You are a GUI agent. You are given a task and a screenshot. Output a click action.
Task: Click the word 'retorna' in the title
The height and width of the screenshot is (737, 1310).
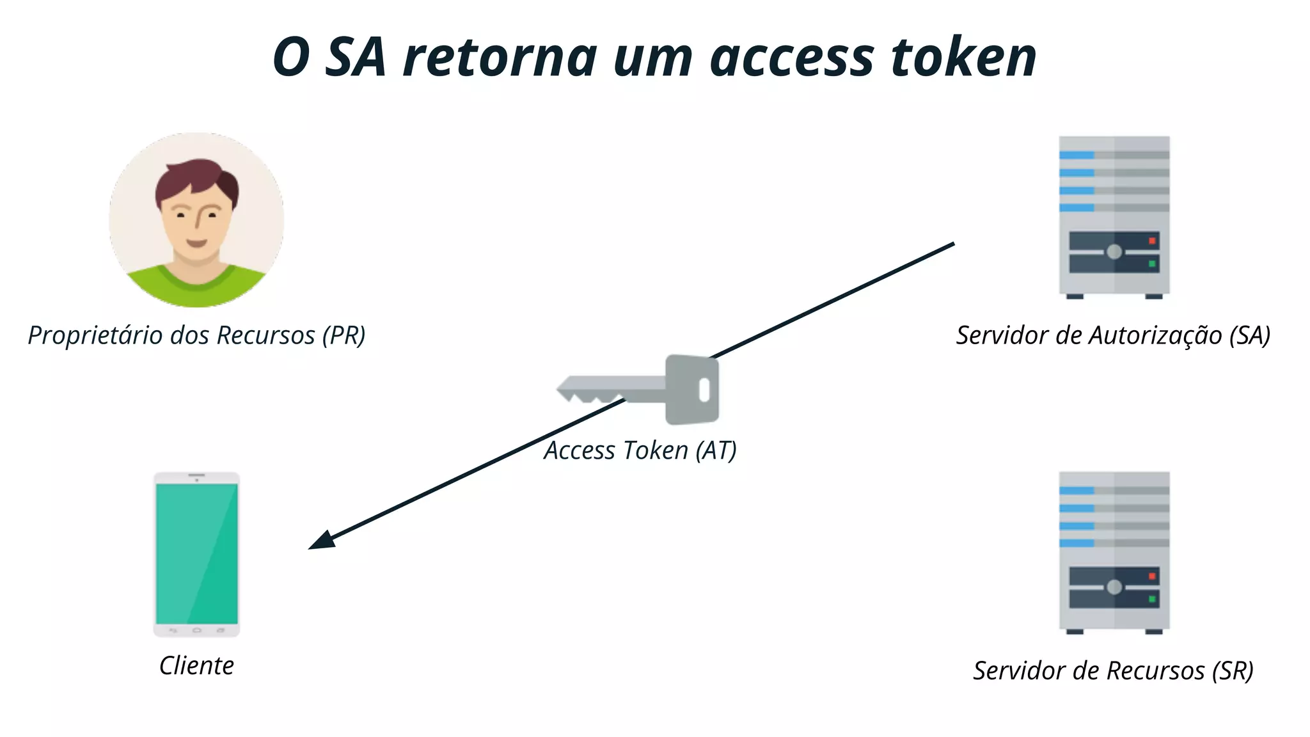499,58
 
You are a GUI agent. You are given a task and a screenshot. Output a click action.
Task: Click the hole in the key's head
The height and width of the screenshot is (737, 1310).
704,390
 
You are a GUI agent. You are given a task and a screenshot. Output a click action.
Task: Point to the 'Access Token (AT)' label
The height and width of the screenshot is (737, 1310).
640,450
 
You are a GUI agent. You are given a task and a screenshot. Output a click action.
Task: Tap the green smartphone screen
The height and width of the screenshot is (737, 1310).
196,553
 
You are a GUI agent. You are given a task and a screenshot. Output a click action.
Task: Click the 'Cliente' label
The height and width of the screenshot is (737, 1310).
196,665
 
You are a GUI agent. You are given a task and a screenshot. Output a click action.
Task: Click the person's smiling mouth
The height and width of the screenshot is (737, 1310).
196,243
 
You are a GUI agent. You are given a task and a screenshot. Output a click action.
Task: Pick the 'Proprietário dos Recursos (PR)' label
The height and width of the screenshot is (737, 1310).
196,335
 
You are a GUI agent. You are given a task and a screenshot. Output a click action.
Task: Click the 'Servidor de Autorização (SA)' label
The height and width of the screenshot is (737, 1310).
1113,335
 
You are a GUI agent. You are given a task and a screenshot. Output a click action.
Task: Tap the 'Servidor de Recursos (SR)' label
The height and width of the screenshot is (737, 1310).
1113,670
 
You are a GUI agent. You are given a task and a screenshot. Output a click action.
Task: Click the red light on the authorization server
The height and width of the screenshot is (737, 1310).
1152,241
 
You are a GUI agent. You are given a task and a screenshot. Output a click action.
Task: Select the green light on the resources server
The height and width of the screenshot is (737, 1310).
1152,599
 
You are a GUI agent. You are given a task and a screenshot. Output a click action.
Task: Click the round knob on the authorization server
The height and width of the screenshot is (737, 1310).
1114,252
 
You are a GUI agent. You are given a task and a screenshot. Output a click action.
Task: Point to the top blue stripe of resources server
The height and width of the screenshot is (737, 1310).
1077,491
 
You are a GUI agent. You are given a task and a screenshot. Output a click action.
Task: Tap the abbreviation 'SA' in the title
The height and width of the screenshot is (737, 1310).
356,58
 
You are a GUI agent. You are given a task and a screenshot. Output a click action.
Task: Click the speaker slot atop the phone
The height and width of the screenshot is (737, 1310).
196,475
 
